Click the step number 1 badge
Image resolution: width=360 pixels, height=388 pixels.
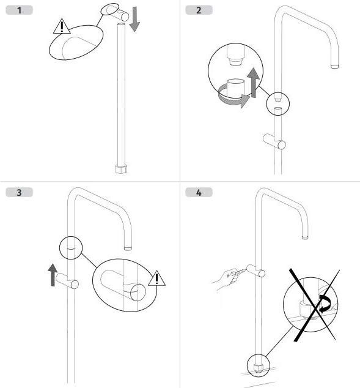20,10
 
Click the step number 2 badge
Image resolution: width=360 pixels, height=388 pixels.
199,10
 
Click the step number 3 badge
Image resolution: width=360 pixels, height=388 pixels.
20,193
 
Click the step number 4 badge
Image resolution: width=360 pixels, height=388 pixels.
199,193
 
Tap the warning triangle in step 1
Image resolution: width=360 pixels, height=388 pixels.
62,26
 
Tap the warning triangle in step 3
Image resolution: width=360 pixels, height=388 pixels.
157,279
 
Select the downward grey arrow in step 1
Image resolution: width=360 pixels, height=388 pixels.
134,20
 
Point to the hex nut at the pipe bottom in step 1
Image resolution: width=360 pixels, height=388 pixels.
121,169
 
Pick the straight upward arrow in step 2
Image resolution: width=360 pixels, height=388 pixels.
253,83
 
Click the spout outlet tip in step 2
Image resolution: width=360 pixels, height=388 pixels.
334,66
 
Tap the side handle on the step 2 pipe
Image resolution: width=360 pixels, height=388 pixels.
274,141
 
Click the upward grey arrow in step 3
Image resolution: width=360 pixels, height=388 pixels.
53,275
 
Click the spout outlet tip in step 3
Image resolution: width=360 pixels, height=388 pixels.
128,248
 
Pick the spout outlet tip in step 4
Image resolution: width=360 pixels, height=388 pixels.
305,237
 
